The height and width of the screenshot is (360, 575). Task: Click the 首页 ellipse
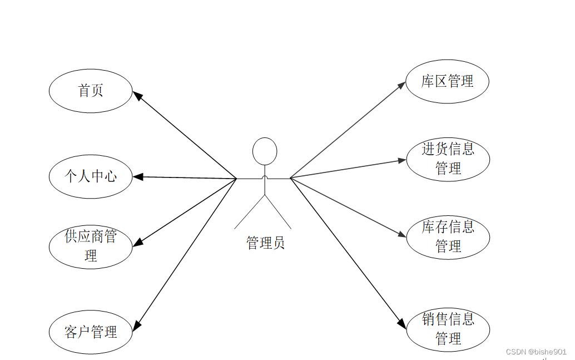pos(91,91)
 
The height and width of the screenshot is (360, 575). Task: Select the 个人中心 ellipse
pos(91,177)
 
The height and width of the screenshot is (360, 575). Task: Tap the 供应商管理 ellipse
pos(91,246)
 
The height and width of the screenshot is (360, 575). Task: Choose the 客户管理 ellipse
pos(91,333)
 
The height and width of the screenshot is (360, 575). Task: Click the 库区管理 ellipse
pos(448,81)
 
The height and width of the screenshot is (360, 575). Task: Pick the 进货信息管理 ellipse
pos(448,159)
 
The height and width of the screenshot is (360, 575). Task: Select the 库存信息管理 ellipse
pos(448,236)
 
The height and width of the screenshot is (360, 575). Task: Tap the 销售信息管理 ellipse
pos(448,329)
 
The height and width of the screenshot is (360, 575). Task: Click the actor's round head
pos(265,151)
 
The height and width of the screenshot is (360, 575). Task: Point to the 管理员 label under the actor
pos(265,243)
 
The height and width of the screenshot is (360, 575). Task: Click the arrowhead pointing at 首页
pos(137,96)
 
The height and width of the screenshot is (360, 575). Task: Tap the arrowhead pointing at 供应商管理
pos(138,243)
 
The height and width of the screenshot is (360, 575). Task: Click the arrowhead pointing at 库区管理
pos(402,85)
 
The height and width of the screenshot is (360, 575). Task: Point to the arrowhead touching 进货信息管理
pos(403,160)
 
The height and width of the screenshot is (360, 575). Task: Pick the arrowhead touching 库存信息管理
pos(403,235)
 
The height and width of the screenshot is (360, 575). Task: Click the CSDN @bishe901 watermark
pos(536,352)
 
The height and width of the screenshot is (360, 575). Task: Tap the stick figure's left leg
pos(249,213)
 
